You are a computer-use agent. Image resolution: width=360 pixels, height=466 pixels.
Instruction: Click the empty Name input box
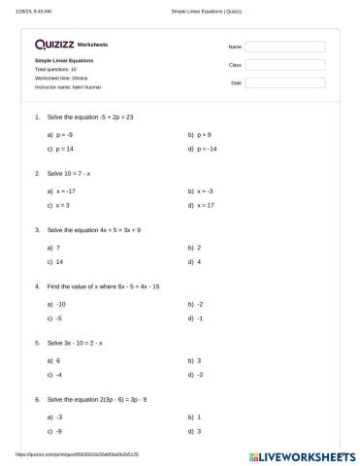point(284,46)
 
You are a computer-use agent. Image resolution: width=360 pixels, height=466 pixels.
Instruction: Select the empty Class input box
point(284,64)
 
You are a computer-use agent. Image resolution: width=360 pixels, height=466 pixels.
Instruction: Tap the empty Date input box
point(284,83)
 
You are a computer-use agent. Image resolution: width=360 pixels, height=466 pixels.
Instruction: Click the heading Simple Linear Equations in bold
point(64,60)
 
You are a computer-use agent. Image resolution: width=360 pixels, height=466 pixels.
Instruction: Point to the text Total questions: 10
point(55,69)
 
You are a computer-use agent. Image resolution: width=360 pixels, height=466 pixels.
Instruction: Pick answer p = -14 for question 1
point(207,150)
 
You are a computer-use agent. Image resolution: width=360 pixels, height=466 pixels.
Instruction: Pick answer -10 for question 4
point(61,304)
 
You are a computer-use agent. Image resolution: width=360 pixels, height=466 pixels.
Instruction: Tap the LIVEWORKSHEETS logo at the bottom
point(303,454)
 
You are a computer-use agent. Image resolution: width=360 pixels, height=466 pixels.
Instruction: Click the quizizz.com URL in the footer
point(78,453)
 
